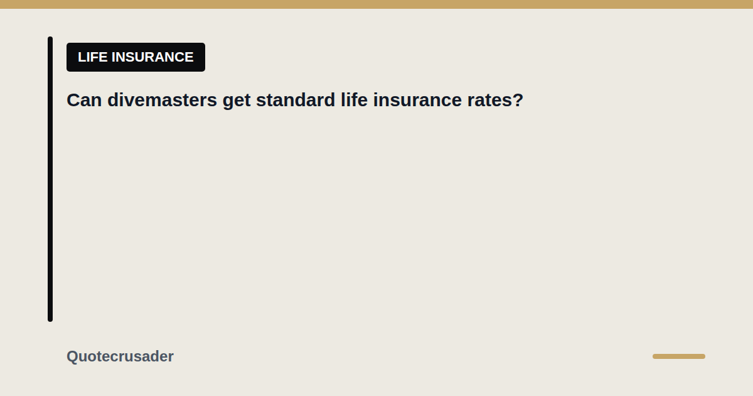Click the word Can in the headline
click(84, 100)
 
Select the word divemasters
click(162, 100)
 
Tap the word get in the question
click(237, 101)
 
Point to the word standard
click(296, 100)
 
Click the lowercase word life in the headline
click(354, 100)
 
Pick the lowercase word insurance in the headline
click(417, 100)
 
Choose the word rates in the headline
click(490, 101)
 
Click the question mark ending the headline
click(518, 100)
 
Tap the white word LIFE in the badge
click(92, 57)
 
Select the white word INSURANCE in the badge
click(152, 57)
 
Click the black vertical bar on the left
click(50, 179)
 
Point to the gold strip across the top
click(376, 4)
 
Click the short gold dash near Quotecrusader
click(679, 356)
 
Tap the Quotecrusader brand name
click(120, 356)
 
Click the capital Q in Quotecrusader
click(72, 356)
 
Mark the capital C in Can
click(73, 100)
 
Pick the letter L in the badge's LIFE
click(82, 57)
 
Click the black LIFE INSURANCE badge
click(136, 57)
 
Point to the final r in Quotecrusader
click(171, 358)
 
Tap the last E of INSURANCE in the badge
click(190, 57)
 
